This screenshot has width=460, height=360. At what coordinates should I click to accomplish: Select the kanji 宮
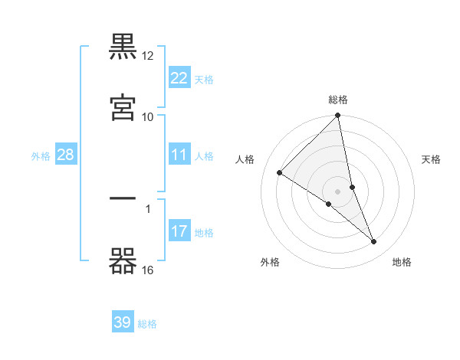[123, 106]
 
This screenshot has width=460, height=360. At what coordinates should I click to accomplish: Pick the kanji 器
[123, 260]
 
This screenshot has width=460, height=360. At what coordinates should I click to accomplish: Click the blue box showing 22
[179, 77]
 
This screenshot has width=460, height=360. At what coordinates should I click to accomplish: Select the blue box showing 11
[179, 155]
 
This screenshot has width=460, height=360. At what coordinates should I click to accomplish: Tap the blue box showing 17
[179, 231]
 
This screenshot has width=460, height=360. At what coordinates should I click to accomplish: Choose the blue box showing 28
[66, 155]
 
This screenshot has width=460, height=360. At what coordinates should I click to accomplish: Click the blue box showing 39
[123, 322]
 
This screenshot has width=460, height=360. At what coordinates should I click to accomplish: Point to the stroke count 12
[148, 56]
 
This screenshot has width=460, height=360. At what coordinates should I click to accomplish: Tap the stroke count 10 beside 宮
[148, 116]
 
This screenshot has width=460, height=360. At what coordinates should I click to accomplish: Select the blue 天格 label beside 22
[204, 79]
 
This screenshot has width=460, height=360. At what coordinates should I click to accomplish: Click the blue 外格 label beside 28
[41, 156]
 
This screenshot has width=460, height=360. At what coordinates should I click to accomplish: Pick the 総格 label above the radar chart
[338, 100]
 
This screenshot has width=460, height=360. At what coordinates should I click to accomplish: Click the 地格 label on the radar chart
[402, 263]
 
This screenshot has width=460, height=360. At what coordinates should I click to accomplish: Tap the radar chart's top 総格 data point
[338, 116]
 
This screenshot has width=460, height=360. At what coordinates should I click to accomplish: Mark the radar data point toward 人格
[280, 173]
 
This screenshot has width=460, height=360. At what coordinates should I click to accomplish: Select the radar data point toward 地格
[374, 242]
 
